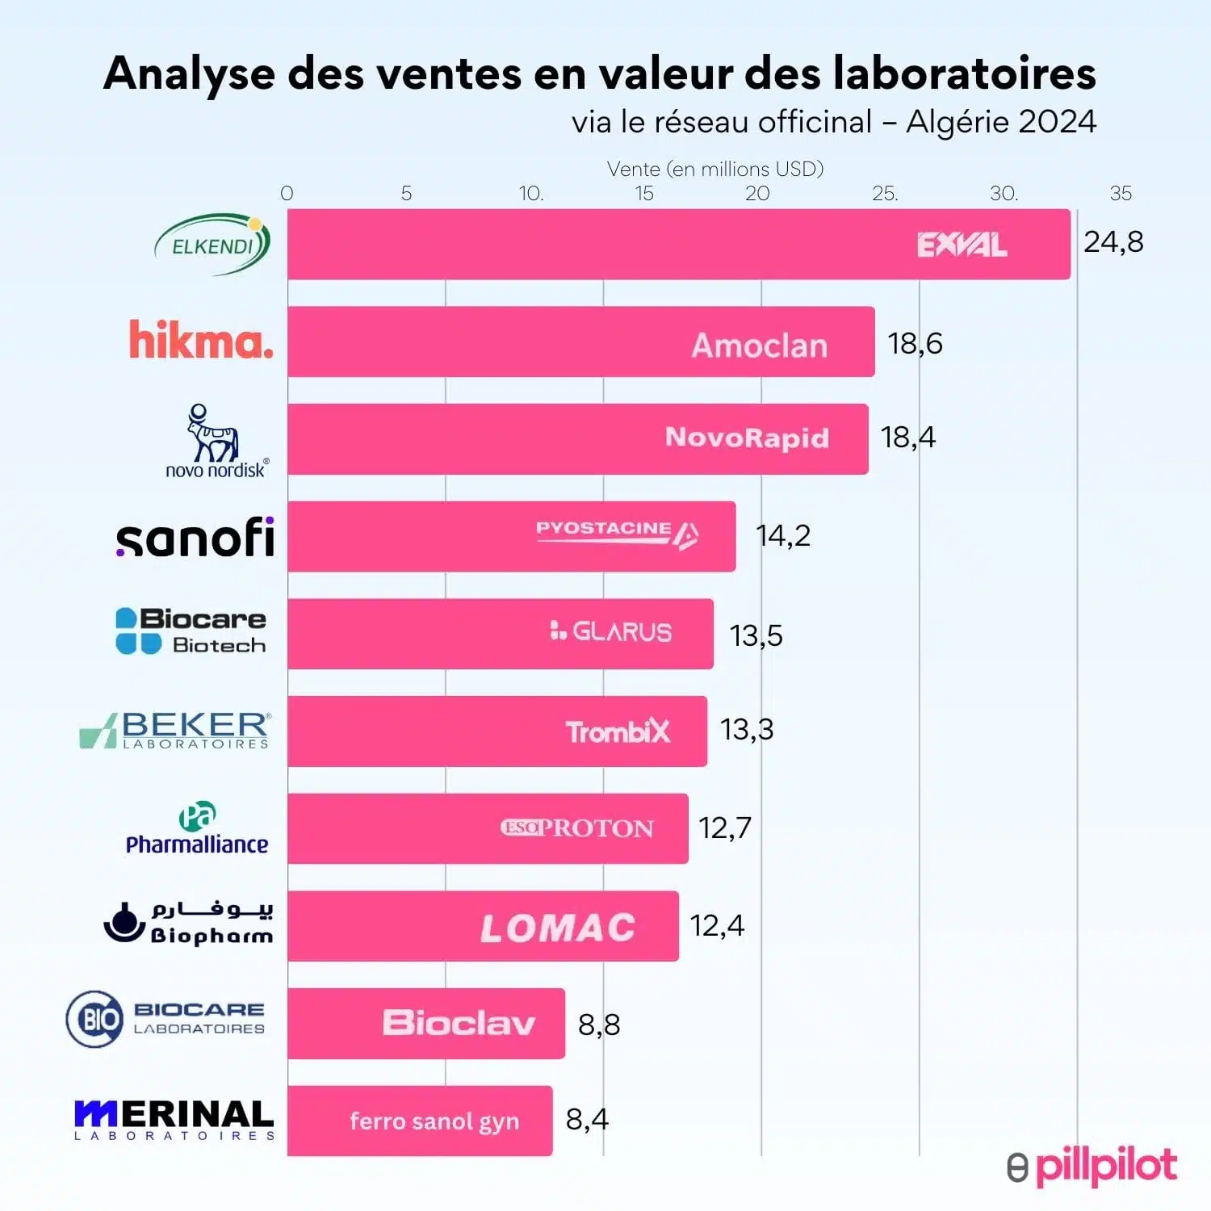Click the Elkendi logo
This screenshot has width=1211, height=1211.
point(212,244)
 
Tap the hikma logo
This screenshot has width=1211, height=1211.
point(201,340)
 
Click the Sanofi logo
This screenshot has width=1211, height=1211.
point(195,538)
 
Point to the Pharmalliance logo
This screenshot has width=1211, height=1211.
point(197,829)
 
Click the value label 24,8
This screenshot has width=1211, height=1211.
point(1113,242)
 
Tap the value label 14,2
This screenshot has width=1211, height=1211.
point(782,535)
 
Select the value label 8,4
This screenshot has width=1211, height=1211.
point(587,1120)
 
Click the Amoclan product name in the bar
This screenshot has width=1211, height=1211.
point(760,346)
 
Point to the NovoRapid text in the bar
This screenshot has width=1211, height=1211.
point(747,437)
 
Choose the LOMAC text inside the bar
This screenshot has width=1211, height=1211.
point(558,928)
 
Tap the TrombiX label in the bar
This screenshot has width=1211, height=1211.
point(618,731)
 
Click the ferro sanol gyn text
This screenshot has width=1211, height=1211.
point(434,1121)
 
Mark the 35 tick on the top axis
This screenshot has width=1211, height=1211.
point(1121,194)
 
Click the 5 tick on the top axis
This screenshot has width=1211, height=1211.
point(406,194)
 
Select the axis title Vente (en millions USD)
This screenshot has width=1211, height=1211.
point(715,169)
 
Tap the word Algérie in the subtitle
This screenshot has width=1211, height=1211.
point(957,122)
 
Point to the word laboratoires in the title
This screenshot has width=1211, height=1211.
point(964,73)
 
